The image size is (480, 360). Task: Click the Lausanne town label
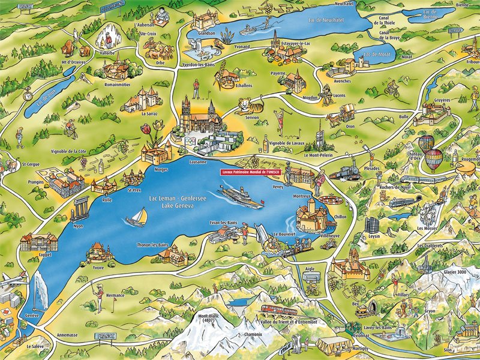coord(197,162)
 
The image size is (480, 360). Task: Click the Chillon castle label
coord(340,217)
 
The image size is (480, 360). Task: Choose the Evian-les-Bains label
coord(224,223)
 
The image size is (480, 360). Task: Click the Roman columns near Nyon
coord(80,208)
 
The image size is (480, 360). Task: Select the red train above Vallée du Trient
coord(280,310)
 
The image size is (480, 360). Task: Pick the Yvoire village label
coord(98,268)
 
